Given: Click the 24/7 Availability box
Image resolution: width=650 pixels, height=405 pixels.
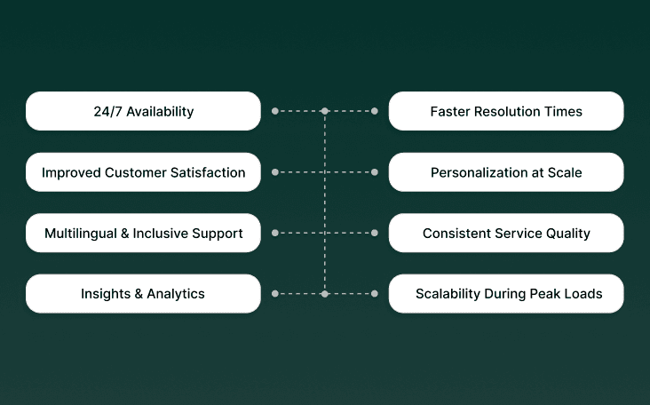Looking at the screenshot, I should pyautogui.click(x=143, y=111).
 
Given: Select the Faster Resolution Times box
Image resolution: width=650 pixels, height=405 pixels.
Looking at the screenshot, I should pyautogui.click(x=506, y=111).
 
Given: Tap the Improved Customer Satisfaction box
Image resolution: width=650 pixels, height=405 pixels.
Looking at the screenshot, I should pyautogui.click(x=143, y=172).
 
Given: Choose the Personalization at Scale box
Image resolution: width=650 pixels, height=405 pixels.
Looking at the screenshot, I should pyautogui.click(x=506, y=172).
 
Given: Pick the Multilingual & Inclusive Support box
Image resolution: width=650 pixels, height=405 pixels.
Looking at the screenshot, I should pyautogui.click(x=143, y=233).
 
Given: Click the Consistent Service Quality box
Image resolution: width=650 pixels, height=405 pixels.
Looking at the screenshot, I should pyautogui.click(x=506, y=233).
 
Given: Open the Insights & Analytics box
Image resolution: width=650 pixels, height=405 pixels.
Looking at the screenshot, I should pyautogui.click(x=143, y=293).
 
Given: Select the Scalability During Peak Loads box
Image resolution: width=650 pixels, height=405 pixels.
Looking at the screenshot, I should pyautogui.click(x=506, y=293).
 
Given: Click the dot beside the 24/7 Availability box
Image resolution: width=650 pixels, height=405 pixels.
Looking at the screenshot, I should pyautogui.click(x=275, y=111).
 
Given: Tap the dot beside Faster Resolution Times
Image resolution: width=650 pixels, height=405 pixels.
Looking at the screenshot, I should pyautogui.click(x=375, y=111).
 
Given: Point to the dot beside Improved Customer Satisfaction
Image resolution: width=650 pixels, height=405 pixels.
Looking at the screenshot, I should pyautogui.click(x=275, y=172).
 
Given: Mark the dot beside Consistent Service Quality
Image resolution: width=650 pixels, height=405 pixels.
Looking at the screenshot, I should pyautogui.click(x=375, y=233).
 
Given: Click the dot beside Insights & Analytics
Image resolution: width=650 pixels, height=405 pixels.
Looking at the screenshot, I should pyautogui.click(x=275, y=293).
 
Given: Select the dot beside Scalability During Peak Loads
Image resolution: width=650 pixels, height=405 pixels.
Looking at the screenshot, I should pyautogui.click(x=375, y=293).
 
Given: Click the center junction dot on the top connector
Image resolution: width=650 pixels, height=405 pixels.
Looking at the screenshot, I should pyautogui.click(x=325, y=111).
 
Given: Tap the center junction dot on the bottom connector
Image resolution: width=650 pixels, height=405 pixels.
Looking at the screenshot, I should pyautogui.click(x=325, y=293).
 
